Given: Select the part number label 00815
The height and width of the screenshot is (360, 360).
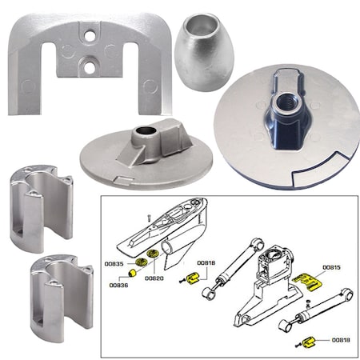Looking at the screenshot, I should point(331,268).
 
